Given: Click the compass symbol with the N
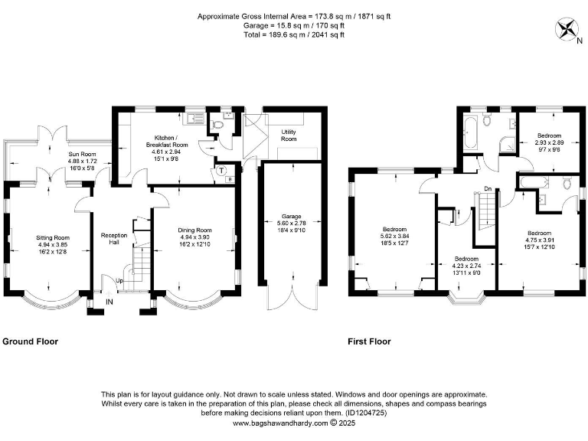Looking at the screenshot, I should point(567,30).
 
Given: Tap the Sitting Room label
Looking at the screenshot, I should point(53,238).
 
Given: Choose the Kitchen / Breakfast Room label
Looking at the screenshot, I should point(168,140).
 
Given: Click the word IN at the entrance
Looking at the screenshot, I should point(109,303).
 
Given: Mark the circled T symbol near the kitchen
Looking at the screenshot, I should point(221,170).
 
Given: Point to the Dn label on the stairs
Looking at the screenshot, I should point(488,188).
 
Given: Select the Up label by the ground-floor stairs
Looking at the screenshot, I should point(119,281).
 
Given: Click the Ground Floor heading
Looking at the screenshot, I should point(31,341).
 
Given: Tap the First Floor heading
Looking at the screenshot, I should point(369,341).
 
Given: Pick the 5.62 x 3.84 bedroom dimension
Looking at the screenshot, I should point(394,237).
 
